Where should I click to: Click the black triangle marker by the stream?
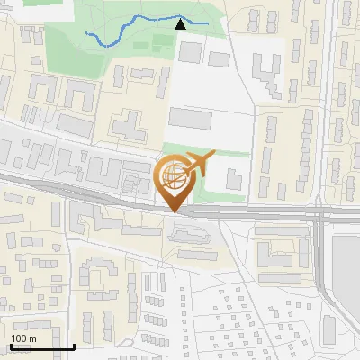tap(181, 24)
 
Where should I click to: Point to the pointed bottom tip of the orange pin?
tap(173, 211)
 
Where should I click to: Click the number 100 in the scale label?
tap(19, 338)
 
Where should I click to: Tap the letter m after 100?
tap(32, 338)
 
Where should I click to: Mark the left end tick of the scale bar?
tap(11, 346)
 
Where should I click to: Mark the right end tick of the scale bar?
tap(74, 346)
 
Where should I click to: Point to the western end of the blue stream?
tap(86, 33)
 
